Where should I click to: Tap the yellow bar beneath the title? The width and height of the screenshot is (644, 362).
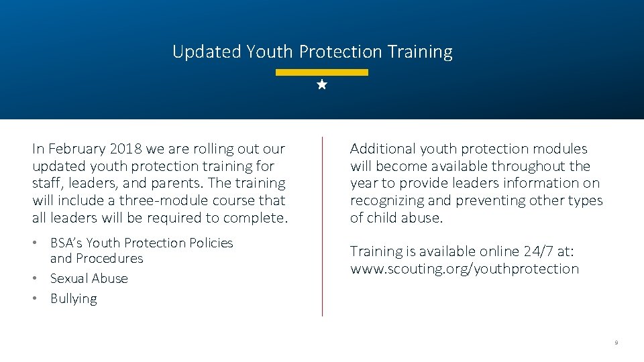(322, 72)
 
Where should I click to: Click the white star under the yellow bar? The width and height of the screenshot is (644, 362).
(322, 85)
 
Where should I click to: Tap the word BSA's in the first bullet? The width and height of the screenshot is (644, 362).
(66, 243)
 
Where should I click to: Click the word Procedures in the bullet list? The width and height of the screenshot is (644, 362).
(109, 259)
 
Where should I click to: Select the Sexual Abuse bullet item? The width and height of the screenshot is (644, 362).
(89, 279)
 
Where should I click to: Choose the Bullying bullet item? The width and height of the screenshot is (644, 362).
(73, 299)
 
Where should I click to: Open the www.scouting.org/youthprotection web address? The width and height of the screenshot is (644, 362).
(464, 269)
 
